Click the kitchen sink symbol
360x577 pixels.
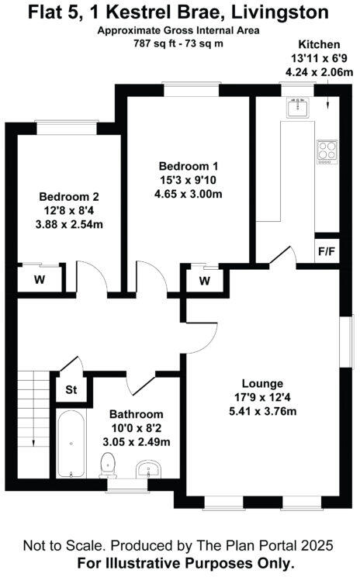pos(297,109)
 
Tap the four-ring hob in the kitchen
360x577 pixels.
pos(327,150)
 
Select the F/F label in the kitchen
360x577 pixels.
pos(326,251)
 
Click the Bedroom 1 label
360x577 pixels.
pos(189,166)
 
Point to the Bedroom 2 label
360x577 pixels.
pos(69,197)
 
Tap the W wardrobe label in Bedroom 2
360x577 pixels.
pos(40,279)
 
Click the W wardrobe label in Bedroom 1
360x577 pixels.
pos(204,281)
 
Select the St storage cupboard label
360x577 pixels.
pos(69,389)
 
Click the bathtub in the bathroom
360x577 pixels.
pos(71,444)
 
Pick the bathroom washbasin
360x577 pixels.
pos(147,469)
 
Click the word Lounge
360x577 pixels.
pos(262,383)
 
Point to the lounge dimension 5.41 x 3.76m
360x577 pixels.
pos(262,411)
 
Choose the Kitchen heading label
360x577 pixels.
pos(312,46)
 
